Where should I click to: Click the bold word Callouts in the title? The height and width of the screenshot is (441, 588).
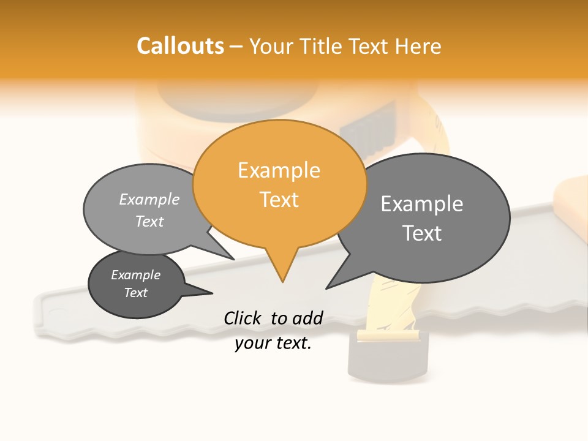coord(180,46)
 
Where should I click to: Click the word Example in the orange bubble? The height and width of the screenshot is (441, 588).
coord(279,170)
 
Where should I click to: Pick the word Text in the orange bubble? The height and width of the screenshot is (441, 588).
coord(279,200)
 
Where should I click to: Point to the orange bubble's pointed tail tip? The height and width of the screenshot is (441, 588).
coord(282,282)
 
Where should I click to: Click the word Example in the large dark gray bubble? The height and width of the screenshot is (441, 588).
coord(421,204)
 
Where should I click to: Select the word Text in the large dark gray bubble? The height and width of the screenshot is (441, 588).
coord(421,233)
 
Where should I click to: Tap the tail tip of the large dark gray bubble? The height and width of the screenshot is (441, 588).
coord(327,288)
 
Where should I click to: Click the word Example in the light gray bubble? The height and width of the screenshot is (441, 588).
coord(149,199)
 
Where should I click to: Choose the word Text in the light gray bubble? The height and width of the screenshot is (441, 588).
coord(149,221)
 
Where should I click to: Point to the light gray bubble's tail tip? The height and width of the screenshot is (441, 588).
coord(233,259)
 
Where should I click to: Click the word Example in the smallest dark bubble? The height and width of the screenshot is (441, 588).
coord(135,275)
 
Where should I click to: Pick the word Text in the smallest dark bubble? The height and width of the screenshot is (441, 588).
coord(135,293)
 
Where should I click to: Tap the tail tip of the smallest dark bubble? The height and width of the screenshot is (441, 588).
coord(212,293)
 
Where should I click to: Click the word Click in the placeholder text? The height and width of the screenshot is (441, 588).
coord(242,318)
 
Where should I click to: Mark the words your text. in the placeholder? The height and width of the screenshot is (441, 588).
coord(273,344)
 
